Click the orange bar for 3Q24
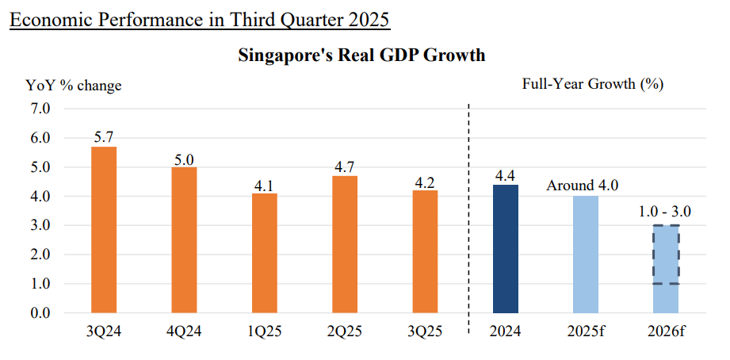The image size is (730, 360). (x=104, y=230)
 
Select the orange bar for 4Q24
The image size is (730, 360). (x=184, y=240)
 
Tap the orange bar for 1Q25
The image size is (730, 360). (x=265, y=253)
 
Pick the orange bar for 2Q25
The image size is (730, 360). (x=345, y=244)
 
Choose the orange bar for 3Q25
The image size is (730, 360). (x=425, y=251)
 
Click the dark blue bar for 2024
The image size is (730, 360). (x=506, y=249)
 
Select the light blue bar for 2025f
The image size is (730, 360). (x=586, y=255)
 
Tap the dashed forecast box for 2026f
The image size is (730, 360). (x=666, y=255)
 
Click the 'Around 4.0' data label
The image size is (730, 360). (x=583, y=186)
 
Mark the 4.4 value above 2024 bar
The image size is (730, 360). (x=506, y=175)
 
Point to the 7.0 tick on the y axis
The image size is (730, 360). (x=40, y=108)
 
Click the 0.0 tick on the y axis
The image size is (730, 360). (x=40, y=313)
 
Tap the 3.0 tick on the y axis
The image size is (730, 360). (x=40, y=225)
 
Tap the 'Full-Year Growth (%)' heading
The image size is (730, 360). (x=593, y=83)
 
